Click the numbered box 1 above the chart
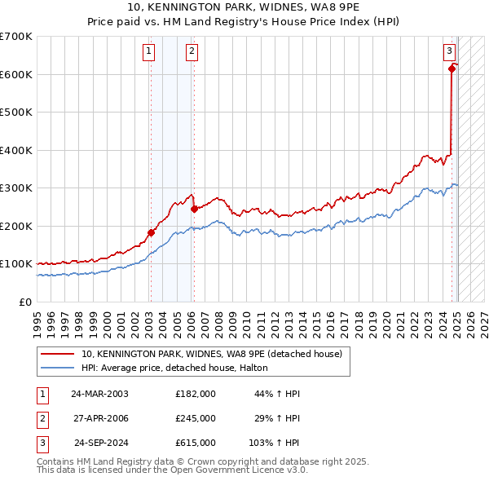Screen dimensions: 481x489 coord(150,51)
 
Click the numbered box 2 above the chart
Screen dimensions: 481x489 coord(192,51)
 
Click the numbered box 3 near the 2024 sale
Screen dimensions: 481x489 coord(449,51)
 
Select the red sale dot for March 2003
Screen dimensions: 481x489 coord(151,232)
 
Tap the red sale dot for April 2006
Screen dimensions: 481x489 coord(194,209)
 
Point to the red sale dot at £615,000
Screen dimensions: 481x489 coord(452,68)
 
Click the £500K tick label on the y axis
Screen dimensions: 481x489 coord(16,112)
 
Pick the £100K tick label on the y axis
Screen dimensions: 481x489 coord(16,264)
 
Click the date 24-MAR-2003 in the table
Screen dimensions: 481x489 coord(99,394)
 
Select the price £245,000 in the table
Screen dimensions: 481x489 coord(196,418)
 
